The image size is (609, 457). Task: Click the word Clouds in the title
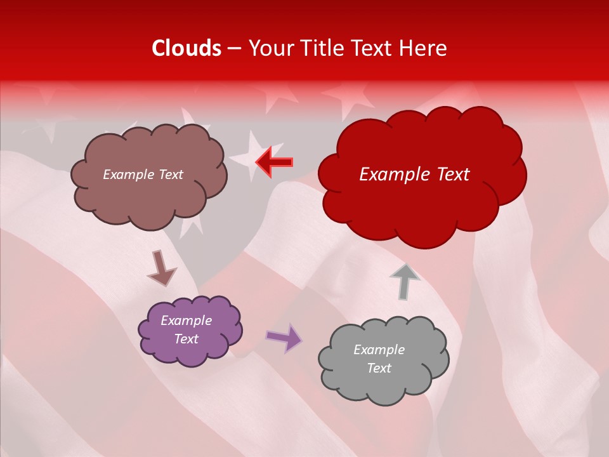pos(187,48)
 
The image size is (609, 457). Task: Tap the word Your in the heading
pos(271,48)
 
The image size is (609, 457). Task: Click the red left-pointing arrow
pos(274,162)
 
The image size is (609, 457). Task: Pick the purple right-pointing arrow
pos(284,337)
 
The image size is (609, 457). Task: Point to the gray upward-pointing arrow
pos(405,281)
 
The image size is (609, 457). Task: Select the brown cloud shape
pos(149,197)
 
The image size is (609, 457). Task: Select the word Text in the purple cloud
pos(187,340)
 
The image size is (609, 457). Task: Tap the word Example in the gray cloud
pos(379,350)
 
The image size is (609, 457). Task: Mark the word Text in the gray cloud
pos(379,368)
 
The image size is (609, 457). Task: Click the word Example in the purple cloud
pos(187,321)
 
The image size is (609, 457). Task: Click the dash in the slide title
pos(234,48)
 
